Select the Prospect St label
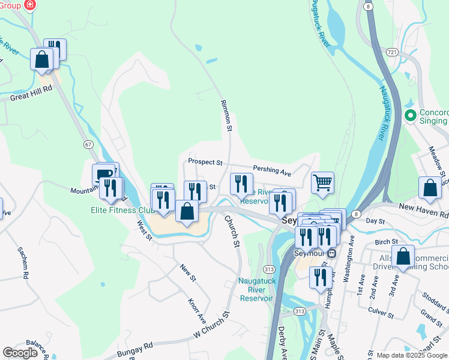coord(205,162)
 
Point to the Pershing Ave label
coord(272,172)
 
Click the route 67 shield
coord(88,145)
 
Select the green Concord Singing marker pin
coord(411,115)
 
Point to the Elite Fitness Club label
coord(122,210)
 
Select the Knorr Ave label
coord(197,310)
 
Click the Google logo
coord(20,353)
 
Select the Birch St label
coord(382,241)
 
